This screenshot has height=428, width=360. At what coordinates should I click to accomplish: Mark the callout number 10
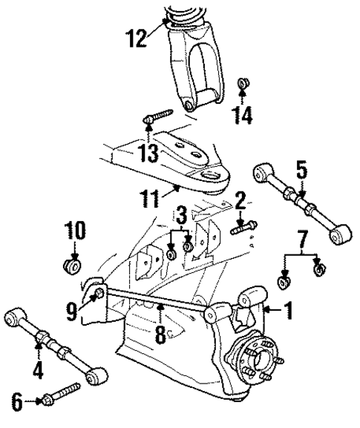pos(75,231)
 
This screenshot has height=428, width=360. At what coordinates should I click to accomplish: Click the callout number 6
pos(17,401)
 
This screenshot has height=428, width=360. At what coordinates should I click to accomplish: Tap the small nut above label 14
pos(243,83)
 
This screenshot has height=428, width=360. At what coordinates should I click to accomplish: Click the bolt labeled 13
pos(158,116)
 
